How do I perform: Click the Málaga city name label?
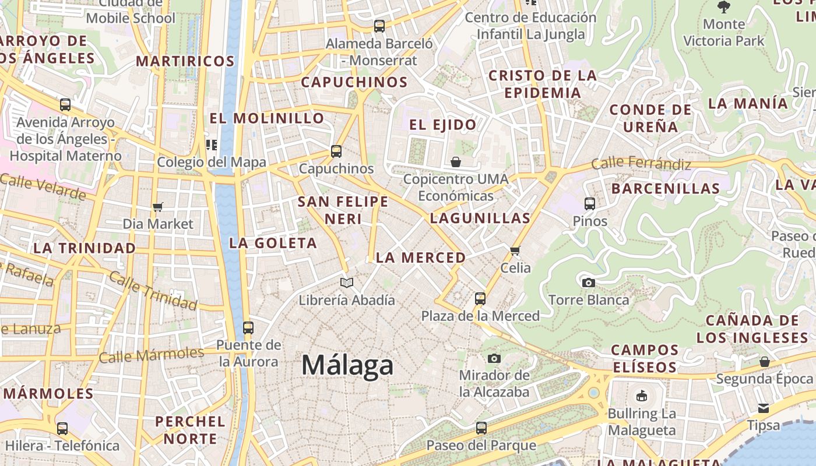[347, 365]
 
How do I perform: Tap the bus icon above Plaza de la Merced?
[480, 299]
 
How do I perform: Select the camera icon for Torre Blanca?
[589, 283]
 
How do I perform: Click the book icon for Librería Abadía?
[347, 283]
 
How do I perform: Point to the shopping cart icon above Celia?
[515, 251]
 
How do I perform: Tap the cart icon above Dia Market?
[157, 207]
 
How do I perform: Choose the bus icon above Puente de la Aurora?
[248, 327]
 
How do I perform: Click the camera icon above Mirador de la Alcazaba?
[494, 358]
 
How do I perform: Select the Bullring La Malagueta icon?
[642, 396]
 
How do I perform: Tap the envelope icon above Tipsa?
[764, 408]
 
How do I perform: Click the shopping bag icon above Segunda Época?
[764, 362]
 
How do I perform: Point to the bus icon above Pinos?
[590, 204]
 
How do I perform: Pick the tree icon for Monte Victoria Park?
[724, 7]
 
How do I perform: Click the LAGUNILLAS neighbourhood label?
[480, 218]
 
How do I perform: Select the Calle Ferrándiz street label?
[641, 164]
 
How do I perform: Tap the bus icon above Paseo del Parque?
[481, 428]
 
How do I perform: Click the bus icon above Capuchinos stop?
[336, 151]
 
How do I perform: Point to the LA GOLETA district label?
[273, 243]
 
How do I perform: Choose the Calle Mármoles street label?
[151, 355]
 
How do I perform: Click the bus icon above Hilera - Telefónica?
[62, 429]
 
